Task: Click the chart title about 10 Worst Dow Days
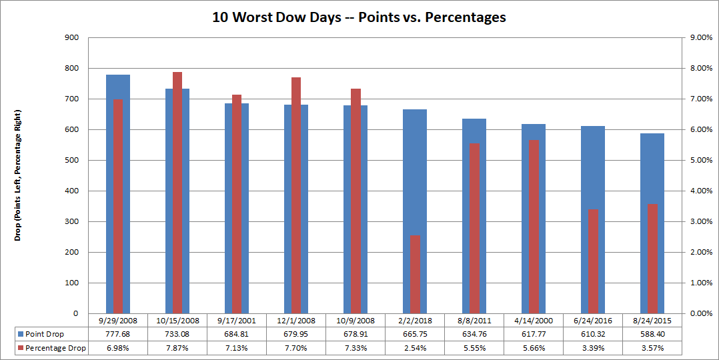(x=359, y=18)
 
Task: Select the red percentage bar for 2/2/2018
(x=415, y=274)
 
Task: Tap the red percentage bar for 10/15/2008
(x=177, y=193)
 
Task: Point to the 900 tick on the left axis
(x=69, y=38)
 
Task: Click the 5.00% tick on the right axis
(x=700, y=161)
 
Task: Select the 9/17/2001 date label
(x=237, y=321)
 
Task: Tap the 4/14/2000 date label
(x=534, y=321)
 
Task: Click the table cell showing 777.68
(x=118, y=334)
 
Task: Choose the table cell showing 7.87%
(x=177, y=348)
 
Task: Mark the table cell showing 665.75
(x=415, y=334)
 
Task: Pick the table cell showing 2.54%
(x=415, y=348)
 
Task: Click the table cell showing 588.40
(x=652, y=334)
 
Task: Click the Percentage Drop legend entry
(x=51, y=348)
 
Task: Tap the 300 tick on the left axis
(x=69, y=222)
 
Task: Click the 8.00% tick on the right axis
(x=700, y=69)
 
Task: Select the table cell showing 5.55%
(x=474, y=348)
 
